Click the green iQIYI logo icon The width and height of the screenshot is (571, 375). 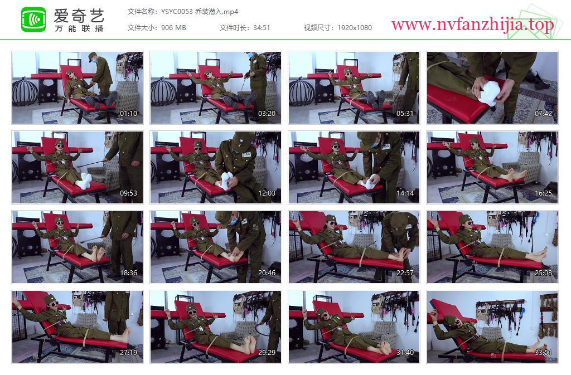click(x=33, y=20)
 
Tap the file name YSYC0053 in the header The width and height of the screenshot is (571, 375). click(x=177, y=12)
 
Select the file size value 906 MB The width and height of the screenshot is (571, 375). click(x=173, y=28)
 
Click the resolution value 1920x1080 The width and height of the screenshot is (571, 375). click(x=355, y=28)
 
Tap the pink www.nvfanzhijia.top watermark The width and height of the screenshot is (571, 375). click(x=473, y=25)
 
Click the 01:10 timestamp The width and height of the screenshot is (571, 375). click(x=129, y=114)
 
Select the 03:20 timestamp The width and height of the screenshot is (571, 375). click(x=267, y=114)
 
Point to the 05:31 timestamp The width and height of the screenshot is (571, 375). click(x=405, y=114)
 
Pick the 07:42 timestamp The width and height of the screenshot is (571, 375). click(x=543, y=114)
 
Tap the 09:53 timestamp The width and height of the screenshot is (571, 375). click(x=129, y=193)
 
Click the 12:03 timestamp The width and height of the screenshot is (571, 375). click(x=267, y=193)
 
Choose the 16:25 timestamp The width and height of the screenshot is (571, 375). click(x=543, y=193)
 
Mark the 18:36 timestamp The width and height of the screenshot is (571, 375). click(x=129, y=273)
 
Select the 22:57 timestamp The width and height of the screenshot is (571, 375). click(x=405, y=273)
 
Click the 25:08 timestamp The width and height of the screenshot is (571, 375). click(x=543, y=273)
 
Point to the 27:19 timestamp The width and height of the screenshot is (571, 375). click(x=129, y=353)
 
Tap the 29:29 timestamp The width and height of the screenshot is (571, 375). click(x=267, y=353)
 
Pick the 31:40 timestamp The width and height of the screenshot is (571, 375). click(x=405, y=353)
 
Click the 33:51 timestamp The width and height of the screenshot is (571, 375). click(x=543, y=353)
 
